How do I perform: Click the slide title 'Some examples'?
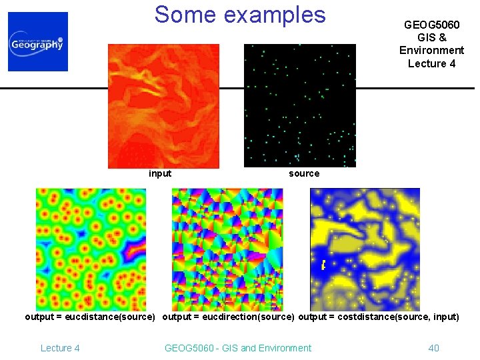tap(240, 14)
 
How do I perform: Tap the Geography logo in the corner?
tap(38, 41)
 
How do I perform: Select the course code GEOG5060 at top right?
tap(431, 25)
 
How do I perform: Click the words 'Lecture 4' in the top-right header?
tap(431, 63)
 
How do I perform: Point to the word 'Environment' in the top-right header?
tap(431, 50)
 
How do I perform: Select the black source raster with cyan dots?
tap(300, 105)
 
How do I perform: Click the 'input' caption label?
tap(160, 173)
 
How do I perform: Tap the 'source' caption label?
tap(304, 173)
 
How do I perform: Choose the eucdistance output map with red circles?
tap(90, 249)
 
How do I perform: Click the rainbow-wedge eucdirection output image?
tap(227, 249)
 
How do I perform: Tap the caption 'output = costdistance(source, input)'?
tap(379, 317)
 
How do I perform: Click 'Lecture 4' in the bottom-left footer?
tap(60, 347)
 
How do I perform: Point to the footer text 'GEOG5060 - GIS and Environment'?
tap(237, 347)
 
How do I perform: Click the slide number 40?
tap(433, 347)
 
